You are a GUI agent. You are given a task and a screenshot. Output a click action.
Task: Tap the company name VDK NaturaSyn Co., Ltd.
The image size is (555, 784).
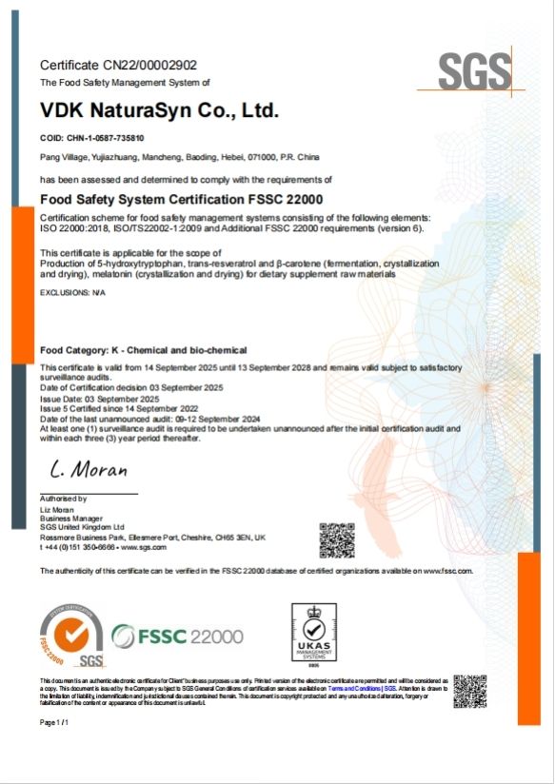[x=159, y=110]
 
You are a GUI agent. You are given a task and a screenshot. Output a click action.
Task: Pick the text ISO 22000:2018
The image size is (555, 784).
[x=72, y=229]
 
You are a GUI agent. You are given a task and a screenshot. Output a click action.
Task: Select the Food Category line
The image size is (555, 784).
[x=143, y=350]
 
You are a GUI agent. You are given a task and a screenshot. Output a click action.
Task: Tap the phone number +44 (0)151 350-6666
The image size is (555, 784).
[x=82, y=548]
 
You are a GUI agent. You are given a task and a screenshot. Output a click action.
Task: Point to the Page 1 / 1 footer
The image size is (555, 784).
[x=54, y=723]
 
